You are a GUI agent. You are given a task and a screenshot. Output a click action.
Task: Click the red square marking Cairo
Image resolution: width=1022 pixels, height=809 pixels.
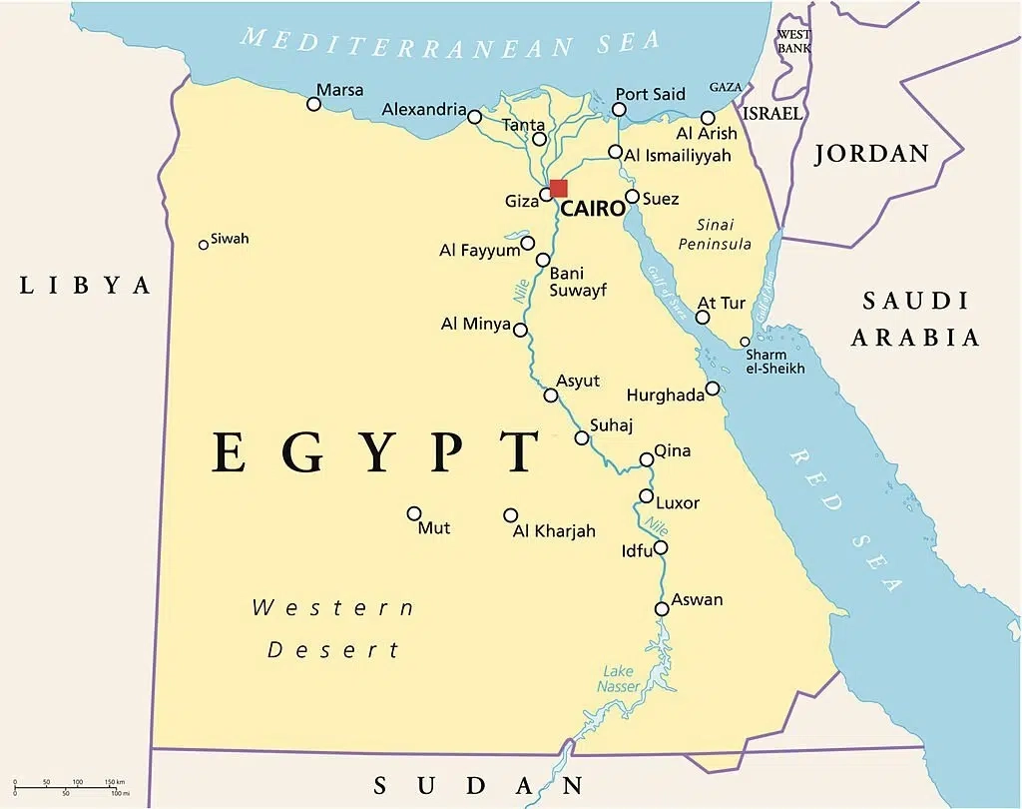558,188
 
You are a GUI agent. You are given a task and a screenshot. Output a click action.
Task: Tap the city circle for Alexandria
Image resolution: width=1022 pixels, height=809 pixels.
474,115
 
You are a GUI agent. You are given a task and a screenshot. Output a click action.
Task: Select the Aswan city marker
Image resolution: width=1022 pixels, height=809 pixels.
662,608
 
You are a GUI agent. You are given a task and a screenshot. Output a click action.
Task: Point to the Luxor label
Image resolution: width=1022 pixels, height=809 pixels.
678,503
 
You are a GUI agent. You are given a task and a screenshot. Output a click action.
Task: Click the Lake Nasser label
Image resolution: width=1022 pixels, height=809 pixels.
619,679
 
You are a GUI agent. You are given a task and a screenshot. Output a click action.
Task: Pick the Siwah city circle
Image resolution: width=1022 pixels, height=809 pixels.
204,244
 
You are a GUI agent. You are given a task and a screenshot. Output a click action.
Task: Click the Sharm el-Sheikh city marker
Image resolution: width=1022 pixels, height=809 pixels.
745,342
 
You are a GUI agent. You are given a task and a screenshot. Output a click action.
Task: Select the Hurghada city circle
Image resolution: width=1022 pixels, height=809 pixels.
713,389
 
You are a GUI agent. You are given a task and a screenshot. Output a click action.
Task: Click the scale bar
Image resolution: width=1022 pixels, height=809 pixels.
70,786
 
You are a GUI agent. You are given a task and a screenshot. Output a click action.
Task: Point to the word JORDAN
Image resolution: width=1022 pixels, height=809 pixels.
872,154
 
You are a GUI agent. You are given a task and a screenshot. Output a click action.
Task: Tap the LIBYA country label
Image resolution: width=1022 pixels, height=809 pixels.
86,286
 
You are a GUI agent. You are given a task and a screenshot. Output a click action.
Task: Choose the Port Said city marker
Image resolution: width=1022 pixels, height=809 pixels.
620,109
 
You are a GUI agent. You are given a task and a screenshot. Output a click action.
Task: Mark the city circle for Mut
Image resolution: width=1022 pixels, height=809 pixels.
414,513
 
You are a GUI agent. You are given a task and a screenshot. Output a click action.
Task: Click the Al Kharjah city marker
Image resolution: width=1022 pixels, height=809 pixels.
510,515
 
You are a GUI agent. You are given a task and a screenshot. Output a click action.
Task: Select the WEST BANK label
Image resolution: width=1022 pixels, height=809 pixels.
794,39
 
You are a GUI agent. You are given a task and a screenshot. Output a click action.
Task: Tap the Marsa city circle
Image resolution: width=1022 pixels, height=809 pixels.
314,104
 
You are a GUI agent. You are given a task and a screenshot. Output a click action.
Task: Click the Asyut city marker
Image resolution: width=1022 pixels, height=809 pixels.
551,396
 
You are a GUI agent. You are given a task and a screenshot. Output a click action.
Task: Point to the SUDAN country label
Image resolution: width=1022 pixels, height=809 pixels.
477,785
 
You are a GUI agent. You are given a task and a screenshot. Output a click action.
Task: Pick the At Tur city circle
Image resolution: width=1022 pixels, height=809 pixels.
703,318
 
